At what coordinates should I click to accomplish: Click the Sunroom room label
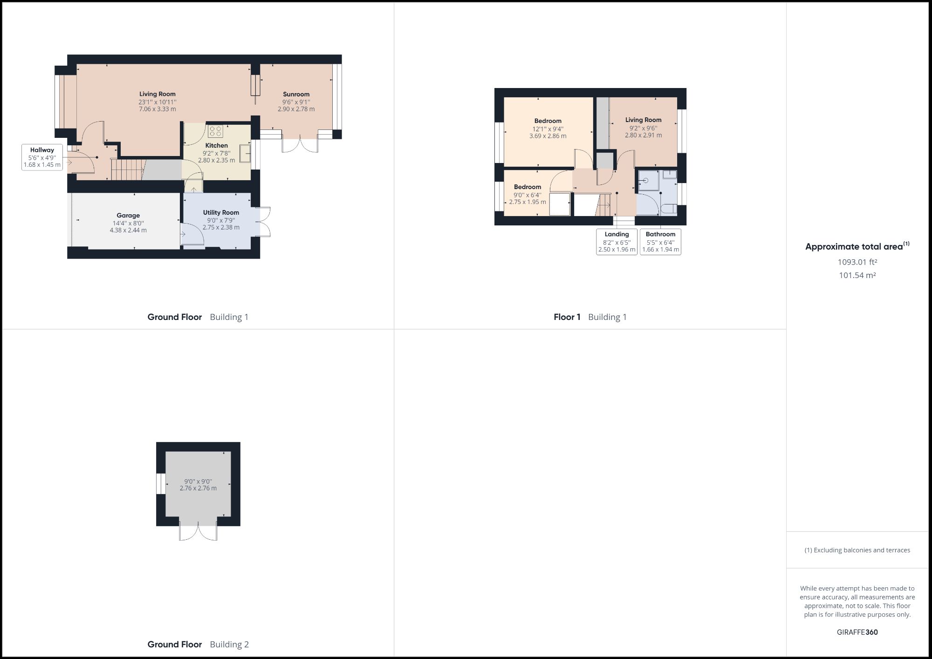click(x=296, y=95)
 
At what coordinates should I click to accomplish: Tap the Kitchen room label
click(x=216, y=146)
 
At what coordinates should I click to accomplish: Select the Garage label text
click(x=128, y=216)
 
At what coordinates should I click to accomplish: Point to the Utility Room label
click(x=221, y=213)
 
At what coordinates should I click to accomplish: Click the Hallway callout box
click(x=42, y=157)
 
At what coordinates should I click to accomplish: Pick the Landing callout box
click(x=617, y=242)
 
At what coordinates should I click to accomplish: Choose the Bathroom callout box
click(x=660, y=242)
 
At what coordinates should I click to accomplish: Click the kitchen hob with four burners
click(x=215, y=131)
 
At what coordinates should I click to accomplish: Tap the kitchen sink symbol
click(x=245, y=153)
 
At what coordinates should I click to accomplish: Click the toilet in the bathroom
click(x=671, y=208)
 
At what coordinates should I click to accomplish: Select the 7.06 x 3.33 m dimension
click(x=158, y=109)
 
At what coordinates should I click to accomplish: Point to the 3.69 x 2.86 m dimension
click(x=548, y=136)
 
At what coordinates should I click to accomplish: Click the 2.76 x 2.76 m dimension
click(x=198, y=489)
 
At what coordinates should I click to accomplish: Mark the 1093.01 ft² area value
click(x=857, y=262)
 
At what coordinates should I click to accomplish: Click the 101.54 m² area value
click(x=857, y=276)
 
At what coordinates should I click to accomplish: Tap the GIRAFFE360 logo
click(x=857, y=632)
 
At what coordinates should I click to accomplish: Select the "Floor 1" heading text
click(x=567, y=317)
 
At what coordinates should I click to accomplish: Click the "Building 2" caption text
click(x=229, y=645)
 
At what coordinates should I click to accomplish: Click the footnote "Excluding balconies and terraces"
click(x=857, y=550)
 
